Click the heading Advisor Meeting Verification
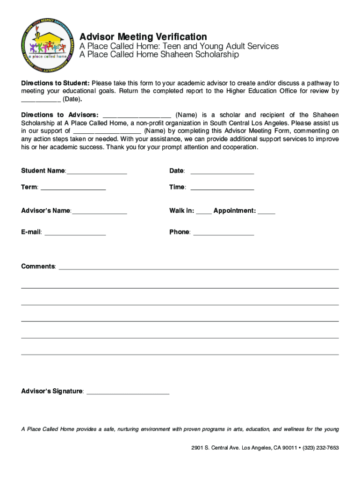[x=143, y=36]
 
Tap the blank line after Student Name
[x=97, y=172]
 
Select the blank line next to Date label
[x=222, y=172]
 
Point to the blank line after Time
[x=222, y=188]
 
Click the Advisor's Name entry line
[x=100, y=211]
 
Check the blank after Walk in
[x=204, y=211]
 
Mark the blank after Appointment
[x=266, y=211]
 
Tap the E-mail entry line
[x=75, y=232]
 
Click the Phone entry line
[x=223, y=232]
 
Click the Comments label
[x=38, y=267]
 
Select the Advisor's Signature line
[x=128, y=392]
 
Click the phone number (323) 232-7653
[x=321, y=448]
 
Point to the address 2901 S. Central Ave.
[x=215, y=448]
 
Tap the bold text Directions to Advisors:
[x=60, y=115]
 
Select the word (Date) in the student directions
[x=72, y=99]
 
